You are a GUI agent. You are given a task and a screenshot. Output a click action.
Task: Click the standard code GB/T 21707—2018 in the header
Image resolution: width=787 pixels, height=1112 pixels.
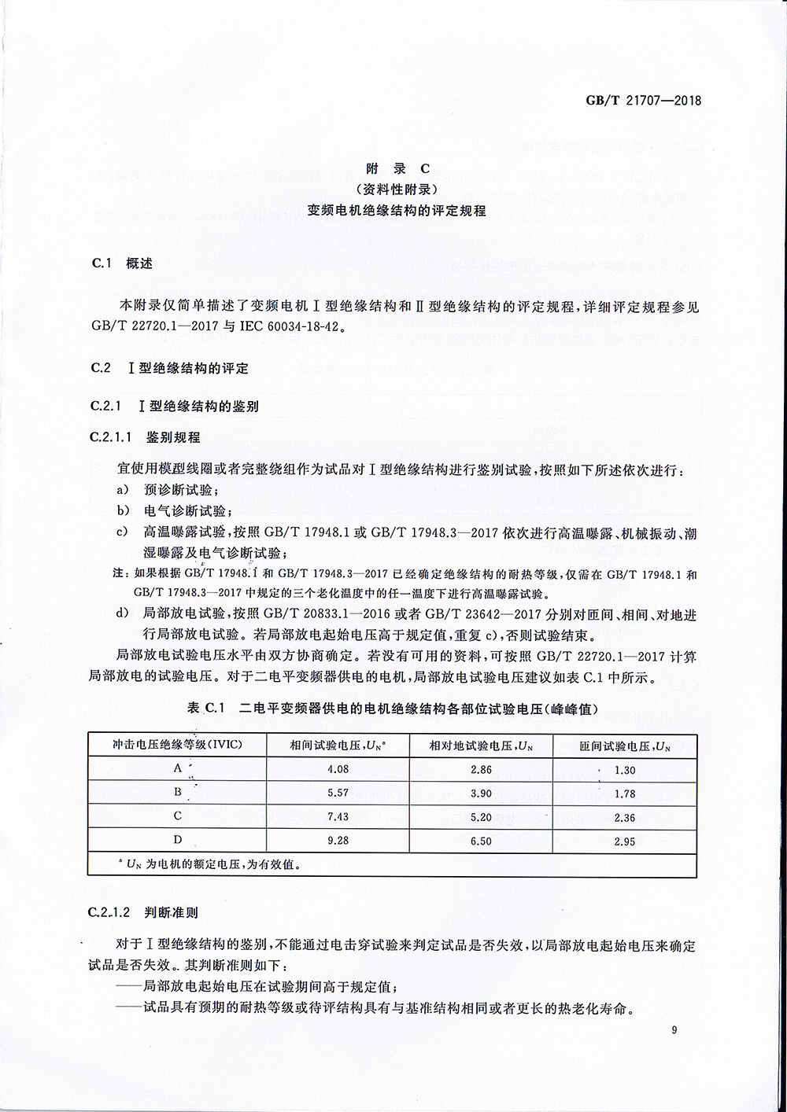tap(643, 100)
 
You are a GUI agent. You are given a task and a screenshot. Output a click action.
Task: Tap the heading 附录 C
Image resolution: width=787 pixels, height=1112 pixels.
tap(397, 168)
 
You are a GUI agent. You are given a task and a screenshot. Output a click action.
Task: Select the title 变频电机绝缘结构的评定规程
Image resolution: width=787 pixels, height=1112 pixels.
tap(397, 211)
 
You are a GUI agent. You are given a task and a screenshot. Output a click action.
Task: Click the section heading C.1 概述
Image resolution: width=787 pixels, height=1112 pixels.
tap(122, 263)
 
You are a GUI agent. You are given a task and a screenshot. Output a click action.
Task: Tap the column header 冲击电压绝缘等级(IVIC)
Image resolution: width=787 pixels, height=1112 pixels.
tap(178, 745)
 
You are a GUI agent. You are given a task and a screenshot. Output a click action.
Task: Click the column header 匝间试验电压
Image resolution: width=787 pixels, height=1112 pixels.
tap(625, 746)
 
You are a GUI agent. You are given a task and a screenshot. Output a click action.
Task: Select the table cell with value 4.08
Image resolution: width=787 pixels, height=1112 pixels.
tap(338, 769)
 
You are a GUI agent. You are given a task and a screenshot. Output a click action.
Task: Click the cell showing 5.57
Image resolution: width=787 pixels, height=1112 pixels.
tap(338, 793)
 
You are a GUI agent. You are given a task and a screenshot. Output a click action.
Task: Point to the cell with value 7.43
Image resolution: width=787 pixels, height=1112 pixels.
tap(338, 817)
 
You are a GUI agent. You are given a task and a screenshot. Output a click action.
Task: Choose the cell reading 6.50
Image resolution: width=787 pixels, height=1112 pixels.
tap(480, 841)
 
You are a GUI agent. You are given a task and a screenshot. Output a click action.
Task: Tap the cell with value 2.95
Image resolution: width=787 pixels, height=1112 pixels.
tap(625, 841)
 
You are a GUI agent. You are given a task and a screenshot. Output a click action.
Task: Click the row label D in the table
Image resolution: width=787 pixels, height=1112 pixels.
tap(178, 841)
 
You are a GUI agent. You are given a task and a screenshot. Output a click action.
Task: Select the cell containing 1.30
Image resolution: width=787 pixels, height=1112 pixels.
tap(625, 770)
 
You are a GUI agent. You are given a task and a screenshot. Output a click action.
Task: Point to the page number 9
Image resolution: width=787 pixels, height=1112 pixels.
tap(675, 1031)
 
